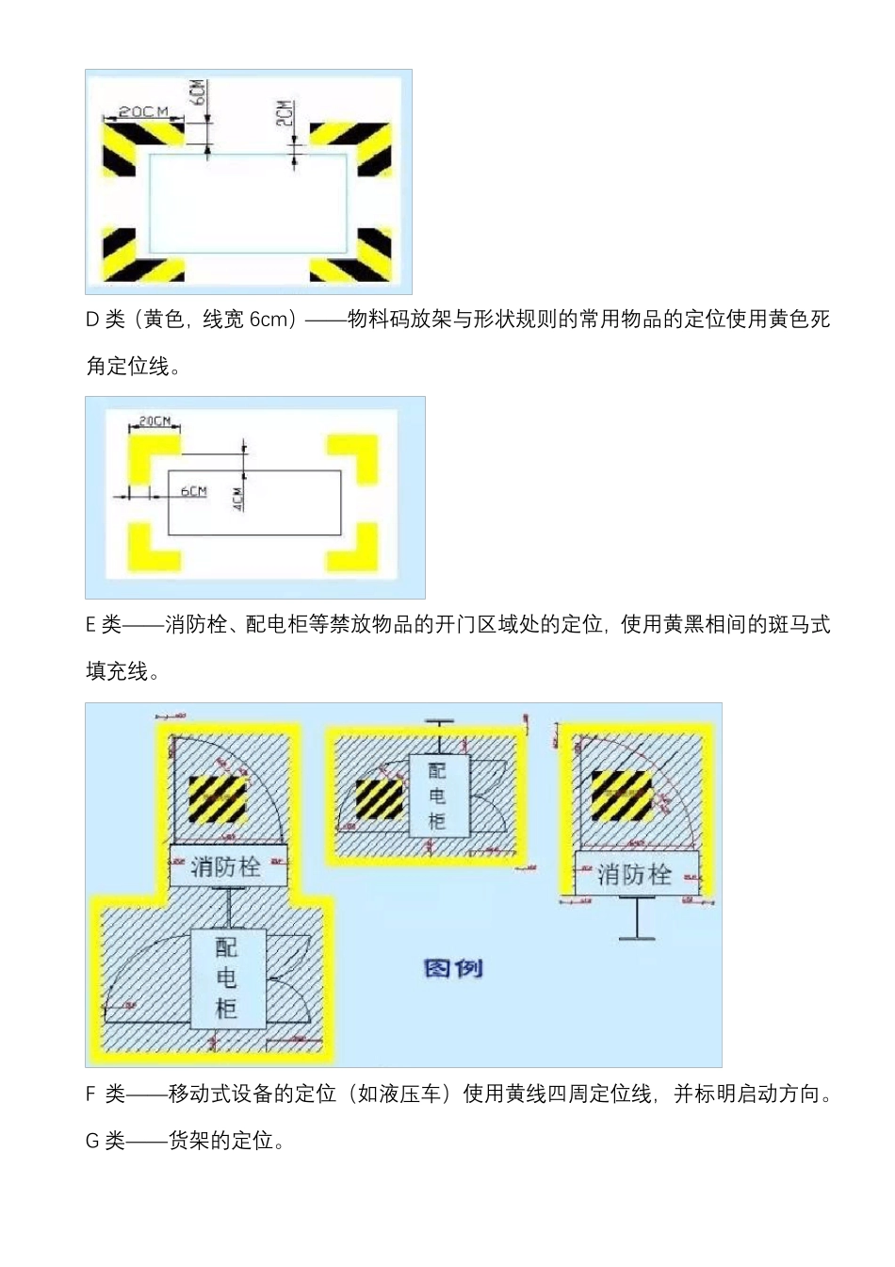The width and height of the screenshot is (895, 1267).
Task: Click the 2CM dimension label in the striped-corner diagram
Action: click(284, 113)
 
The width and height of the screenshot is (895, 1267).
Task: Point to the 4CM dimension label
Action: click(238, 498)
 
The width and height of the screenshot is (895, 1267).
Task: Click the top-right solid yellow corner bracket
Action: click(354, 457)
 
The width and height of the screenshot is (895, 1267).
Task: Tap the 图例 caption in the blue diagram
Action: click(454, 968)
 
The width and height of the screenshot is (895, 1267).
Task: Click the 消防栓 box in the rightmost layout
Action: click(636, 874)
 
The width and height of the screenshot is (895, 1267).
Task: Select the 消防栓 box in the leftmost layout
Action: click(227, 866)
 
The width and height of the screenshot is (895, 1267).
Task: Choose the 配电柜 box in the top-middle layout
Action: click(437, 795)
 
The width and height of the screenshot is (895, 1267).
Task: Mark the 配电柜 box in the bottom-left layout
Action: click(227, 978)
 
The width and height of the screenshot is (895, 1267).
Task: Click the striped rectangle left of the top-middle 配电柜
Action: click(380, 798)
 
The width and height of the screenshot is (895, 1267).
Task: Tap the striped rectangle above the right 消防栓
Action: click(621, 796)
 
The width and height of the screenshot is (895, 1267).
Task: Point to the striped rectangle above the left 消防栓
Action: click(218, 798)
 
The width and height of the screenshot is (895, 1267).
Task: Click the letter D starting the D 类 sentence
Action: click(92, 320)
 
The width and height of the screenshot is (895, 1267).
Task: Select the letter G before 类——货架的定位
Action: click(92, 1142)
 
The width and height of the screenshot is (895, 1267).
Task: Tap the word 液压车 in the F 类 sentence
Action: click(411, 1094)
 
